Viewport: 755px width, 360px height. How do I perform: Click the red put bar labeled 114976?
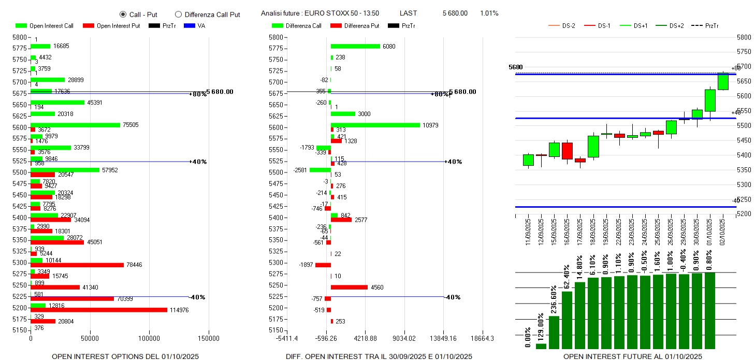98,310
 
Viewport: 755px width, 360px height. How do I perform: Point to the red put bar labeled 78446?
77,265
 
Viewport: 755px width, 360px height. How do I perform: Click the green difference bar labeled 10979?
375,125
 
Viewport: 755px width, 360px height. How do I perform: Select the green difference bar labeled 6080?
355,46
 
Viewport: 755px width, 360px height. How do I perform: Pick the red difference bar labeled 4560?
349,287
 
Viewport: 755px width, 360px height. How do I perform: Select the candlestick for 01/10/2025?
710,100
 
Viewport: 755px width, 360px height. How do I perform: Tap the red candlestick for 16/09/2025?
567,151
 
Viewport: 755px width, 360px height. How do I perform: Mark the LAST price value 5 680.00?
455,13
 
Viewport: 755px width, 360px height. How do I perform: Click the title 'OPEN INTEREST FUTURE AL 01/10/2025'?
632,356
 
